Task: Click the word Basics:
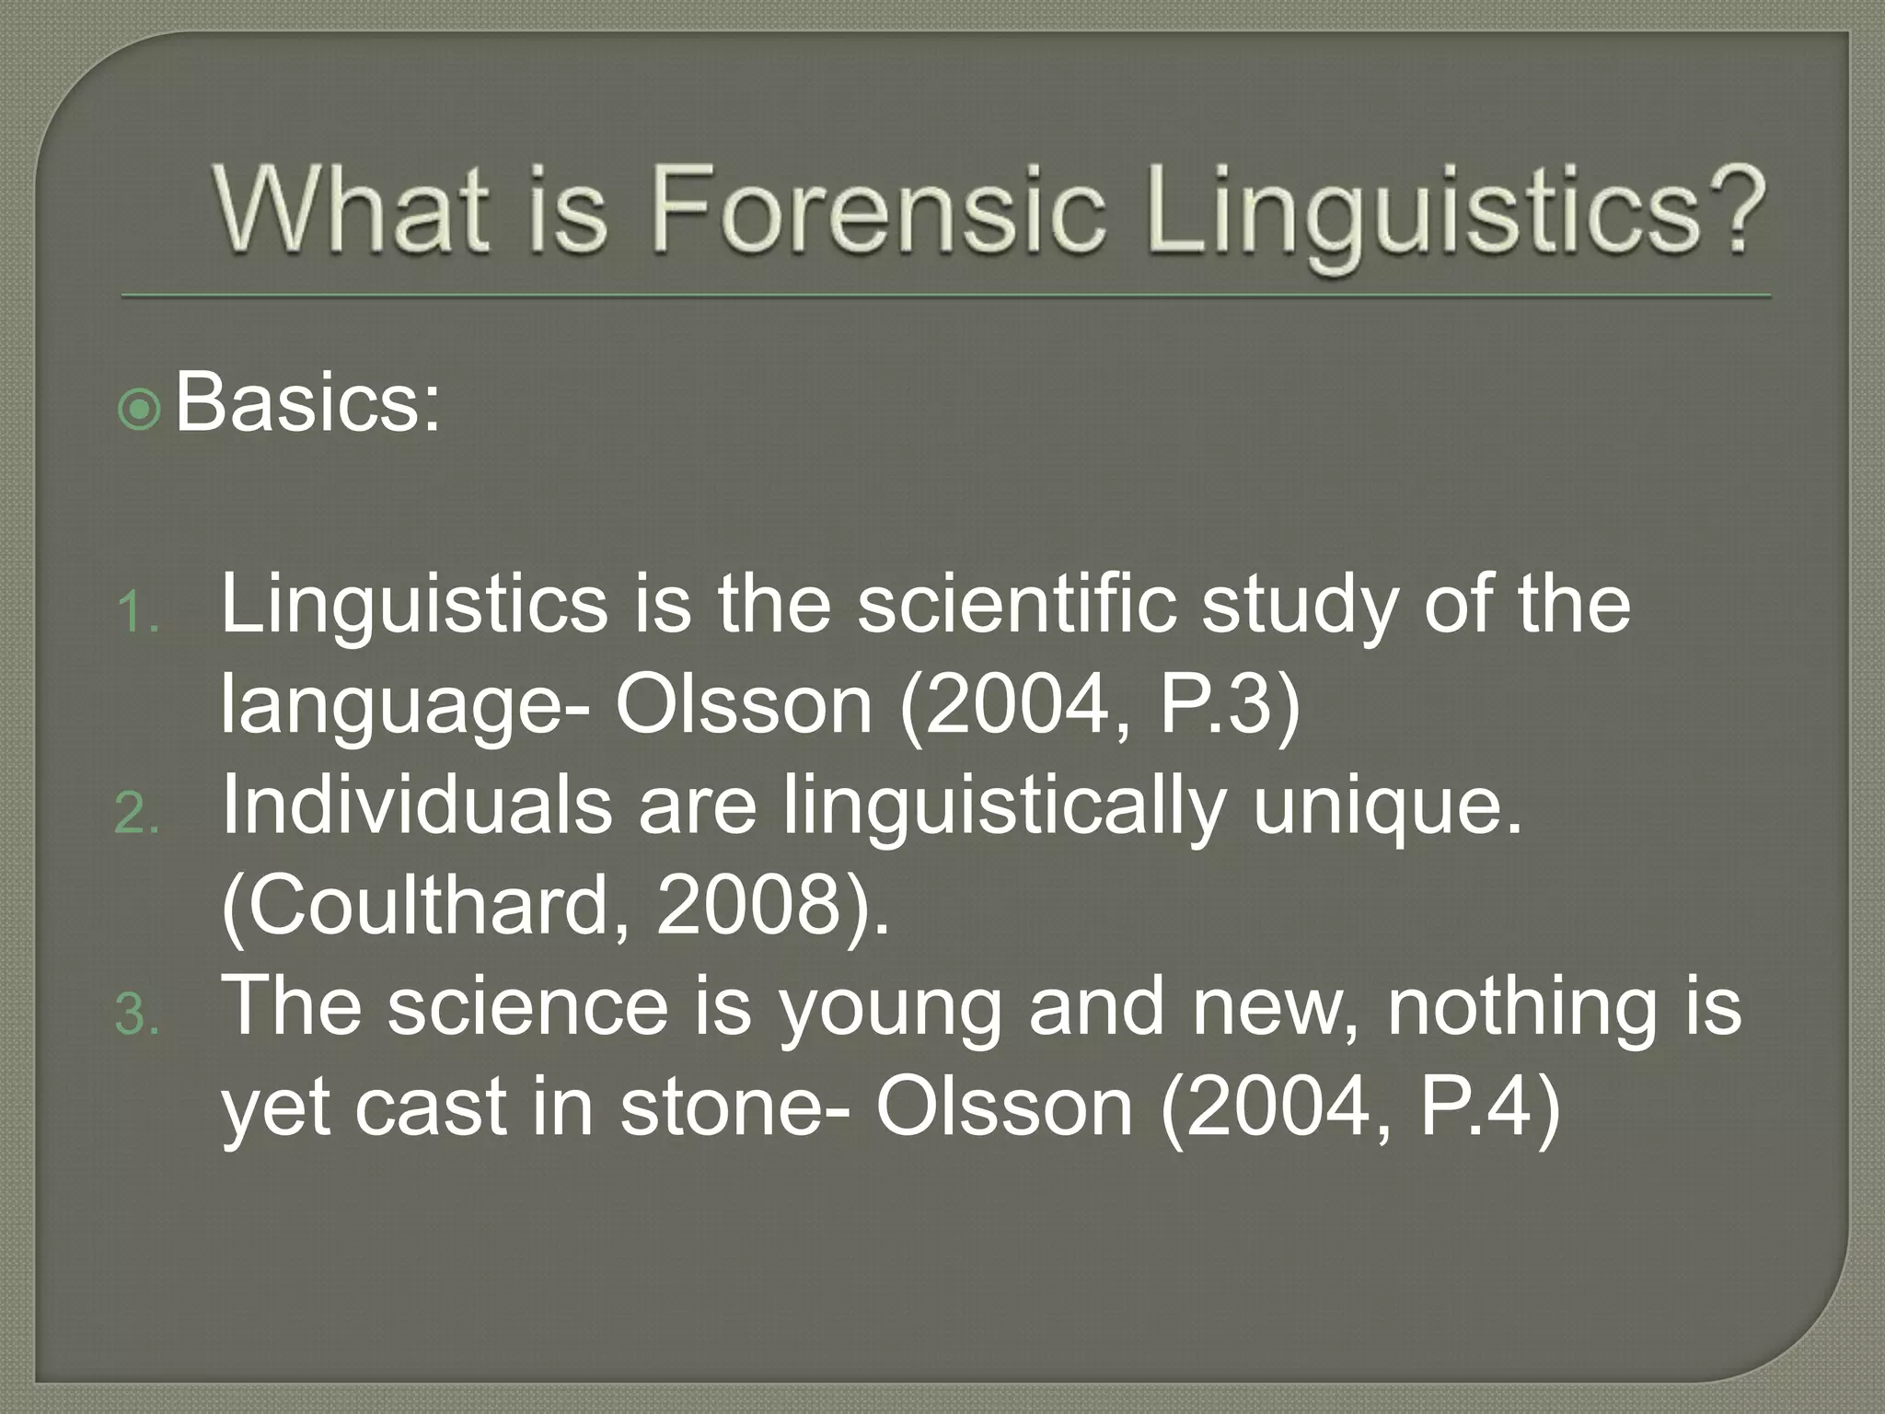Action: (308, 403)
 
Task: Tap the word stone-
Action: (737, 1108)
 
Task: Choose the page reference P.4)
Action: (1491, 1108)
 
